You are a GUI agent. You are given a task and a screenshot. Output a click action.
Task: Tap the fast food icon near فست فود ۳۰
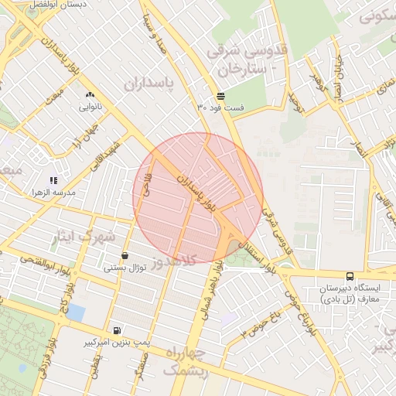(x=221, y=96)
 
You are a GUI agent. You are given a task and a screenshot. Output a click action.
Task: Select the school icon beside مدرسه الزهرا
(x=53, y=179)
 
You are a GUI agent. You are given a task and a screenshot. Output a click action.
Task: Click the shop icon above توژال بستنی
(x=125, y=255)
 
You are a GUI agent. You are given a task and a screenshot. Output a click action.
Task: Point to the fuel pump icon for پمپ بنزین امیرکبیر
(x=117, y=329)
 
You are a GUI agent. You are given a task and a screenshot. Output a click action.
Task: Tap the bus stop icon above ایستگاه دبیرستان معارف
(x=350, y=275)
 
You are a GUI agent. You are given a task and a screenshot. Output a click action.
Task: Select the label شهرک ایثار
(x=86, y=235)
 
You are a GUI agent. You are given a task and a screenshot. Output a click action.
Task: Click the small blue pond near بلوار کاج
(x=76, y=313)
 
